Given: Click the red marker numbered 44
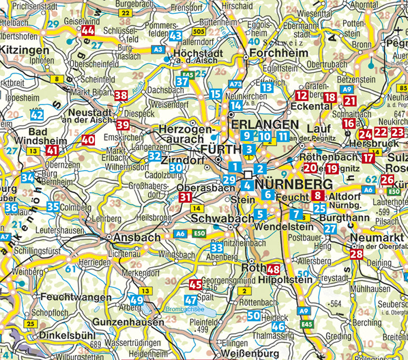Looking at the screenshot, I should tap(89, 31).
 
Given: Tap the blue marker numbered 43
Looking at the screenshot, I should tap(176, 36).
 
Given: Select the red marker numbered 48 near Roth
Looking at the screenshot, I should tap(273, 270).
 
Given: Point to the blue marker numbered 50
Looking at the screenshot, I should tap(254, 315).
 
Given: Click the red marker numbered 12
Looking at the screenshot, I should tap(301, 95).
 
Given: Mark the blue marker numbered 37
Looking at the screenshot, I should tap(182, 81).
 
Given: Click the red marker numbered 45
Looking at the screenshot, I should tap(196, 284).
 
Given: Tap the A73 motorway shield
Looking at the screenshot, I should tap(235, 84).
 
